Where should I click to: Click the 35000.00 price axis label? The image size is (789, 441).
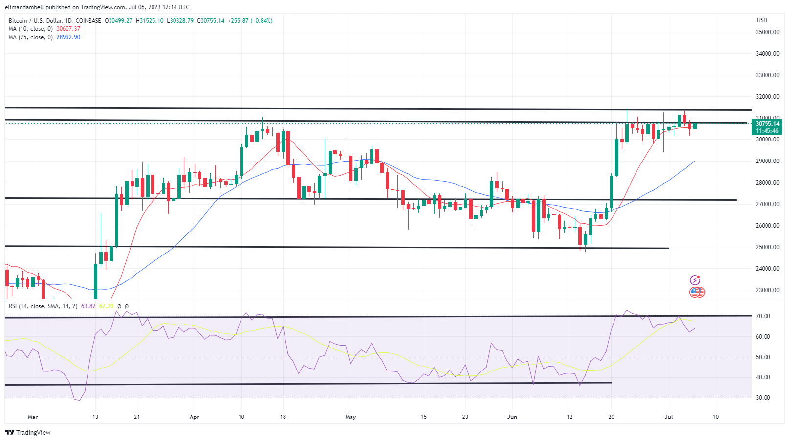pyautogui.click(x=767, y=32)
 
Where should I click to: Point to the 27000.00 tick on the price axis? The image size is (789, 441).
pyautogui.click(x=767, y=204)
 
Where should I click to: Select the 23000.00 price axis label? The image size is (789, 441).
pyautogui.click(x=767, y=290)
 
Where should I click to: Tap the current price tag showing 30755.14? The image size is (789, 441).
pyautogui.click(x=767, y=124)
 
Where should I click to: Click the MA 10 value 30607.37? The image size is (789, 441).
pyautogui.click(x=68, y=29)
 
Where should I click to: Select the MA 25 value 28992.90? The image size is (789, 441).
pyautogui.click(x=68, y=37)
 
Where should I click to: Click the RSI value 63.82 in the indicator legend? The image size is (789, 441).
pyautogui.click(x=88, y=306)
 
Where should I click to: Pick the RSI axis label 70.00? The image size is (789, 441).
pyautogui.click(x=763, y=316)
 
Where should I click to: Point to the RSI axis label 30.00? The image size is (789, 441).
pyautogui.click(x=763, y=398)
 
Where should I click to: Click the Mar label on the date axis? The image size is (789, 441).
pyautogui.click(x=33, y=417)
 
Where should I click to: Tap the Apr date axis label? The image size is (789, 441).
pyautogui.click(x=194, y=417)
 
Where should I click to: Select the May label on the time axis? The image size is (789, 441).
pyautogui.click(x=351, y=417)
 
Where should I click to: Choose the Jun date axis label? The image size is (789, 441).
pyautogui.click(x=512, y=417)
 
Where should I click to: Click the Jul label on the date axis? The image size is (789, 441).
pyautogui.click(x=669, y=417)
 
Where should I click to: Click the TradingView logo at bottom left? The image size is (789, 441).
pyautogui.click(x=28, y=433)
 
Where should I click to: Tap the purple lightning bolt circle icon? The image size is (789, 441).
pyautogui.click(x=695, y=280)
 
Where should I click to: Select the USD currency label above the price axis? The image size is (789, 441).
pyautogui.click(x=762, y=20)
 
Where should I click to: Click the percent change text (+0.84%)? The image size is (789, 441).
pyautogui.click(x=262, y=21)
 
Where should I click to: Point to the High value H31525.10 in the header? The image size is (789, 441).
pyautogui.click(x=150, y=21)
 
